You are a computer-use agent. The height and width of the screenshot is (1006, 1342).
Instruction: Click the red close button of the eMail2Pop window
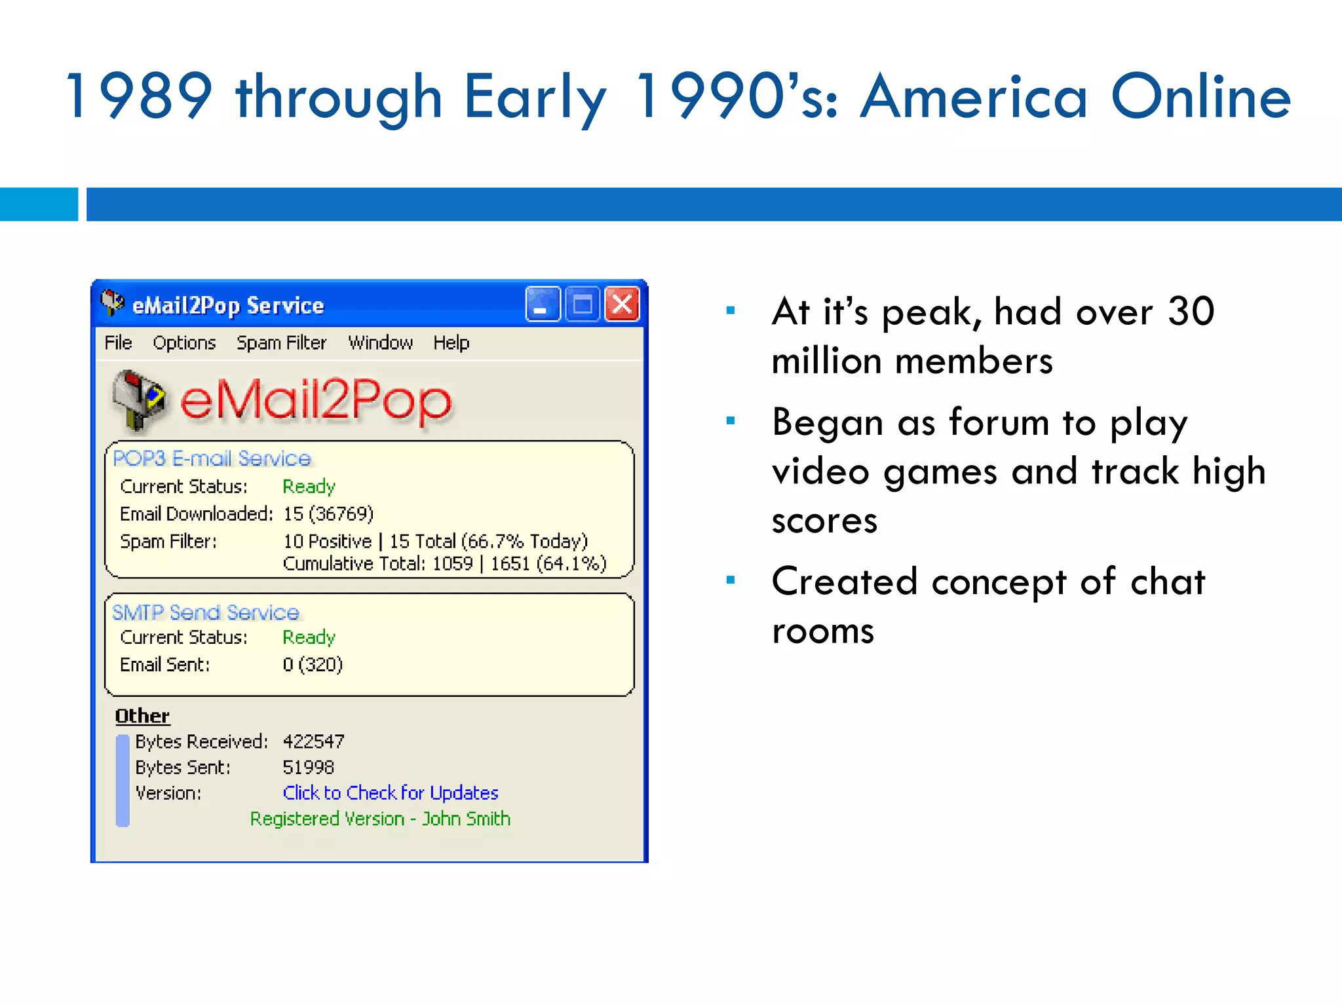(x=622, y=305)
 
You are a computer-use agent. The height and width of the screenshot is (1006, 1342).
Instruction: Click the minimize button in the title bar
(x=543, y=305)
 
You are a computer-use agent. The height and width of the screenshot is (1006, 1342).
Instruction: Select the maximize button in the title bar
(x=583, y=305)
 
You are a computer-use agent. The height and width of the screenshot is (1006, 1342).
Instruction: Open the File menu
(x=118, y=343)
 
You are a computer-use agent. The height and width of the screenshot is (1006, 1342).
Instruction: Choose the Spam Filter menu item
(x=281, y=343)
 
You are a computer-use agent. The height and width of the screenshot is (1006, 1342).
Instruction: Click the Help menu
(x=451, y=343)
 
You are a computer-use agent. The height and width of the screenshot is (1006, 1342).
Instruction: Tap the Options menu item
(x=184, y=343)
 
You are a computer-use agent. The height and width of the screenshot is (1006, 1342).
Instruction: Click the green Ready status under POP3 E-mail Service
(x=309, y=487)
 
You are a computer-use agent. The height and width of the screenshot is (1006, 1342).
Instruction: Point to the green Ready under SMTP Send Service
(x=309, y=637)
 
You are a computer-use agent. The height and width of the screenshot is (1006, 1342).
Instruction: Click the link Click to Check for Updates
(x=390, y=793)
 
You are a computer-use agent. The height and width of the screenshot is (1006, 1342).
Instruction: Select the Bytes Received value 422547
(x=313, y=741)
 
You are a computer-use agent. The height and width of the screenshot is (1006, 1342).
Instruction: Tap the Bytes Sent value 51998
(x=308, y=767)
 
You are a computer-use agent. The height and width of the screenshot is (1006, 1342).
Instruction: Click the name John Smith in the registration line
(x=466, y=819)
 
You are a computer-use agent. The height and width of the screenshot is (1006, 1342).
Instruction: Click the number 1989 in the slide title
(x=140, y=97)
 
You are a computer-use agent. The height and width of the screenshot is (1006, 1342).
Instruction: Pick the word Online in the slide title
(x=1200, y=97)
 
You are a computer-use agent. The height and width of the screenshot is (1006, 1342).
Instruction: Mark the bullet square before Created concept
(x=731, y=580)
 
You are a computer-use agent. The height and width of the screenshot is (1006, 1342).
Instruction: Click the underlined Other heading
(x=142, y=716)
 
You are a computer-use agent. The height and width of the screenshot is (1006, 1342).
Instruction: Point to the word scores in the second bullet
(x=824, y=521)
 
